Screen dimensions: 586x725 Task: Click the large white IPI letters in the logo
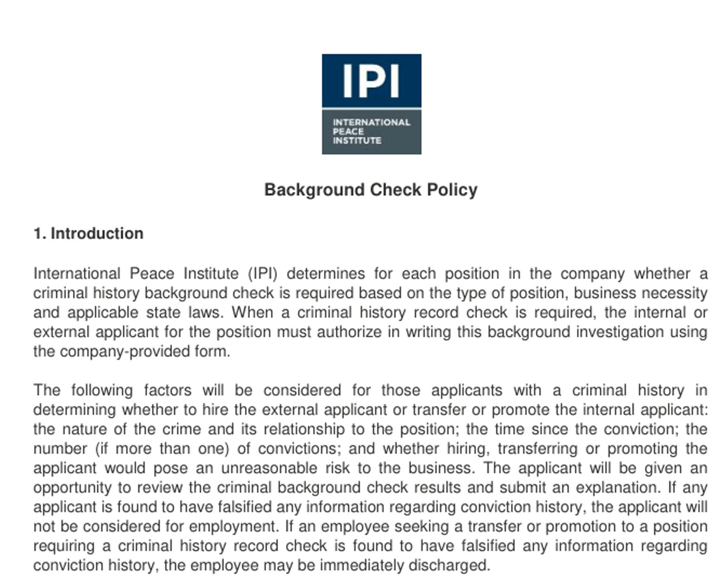click(x=371, y=81)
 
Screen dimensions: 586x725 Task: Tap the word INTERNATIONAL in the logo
click(x=371, y=122)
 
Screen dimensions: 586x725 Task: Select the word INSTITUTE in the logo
click(x=357, y=140)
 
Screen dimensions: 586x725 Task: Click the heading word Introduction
click(x=97, y=233)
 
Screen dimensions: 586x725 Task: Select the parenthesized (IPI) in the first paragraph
click(x=263, y=274)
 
